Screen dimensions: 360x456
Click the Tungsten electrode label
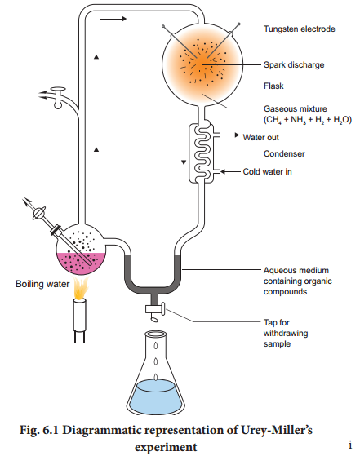click(299, 29)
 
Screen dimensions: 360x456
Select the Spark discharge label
click(294, 65)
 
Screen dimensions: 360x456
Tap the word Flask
click(273, 86)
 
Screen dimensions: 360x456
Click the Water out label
click(260, 137)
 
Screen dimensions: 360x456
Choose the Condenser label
click(284, 153)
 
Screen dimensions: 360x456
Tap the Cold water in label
click(267, 171)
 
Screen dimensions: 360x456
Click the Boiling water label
click(42, 284)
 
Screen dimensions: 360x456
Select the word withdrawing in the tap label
click(286, 334)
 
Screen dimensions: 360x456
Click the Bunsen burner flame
click(80, 288)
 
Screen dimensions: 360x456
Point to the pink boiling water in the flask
click(81, 263)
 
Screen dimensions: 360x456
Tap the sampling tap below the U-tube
click(156, 310)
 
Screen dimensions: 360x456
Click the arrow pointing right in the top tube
click(113, 19)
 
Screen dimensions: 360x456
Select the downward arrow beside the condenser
click(184, 151)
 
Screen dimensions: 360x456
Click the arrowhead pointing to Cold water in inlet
click(223, 171)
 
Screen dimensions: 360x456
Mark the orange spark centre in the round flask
click(202, 64)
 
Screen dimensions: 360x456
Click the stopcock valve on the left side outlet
click(58, 97)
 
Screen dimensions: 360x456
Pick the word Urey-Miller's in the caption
click(277, 430)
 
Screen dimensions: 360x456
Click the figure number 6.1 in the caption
click(51, 430)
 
